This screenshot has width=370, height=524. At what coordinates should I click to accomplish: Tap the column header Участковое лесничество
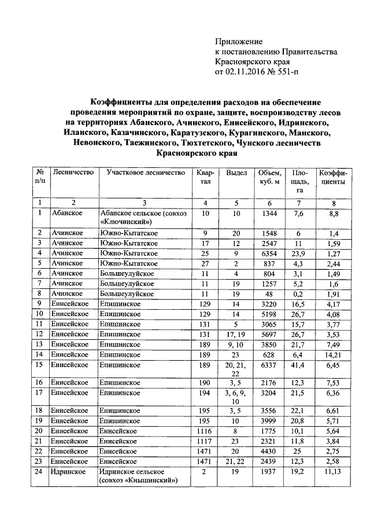pyautogui.click(x=142, y=173)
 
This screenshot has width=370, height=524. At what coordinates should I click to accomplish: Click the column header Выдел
pyautogui.click(x=236, y=173)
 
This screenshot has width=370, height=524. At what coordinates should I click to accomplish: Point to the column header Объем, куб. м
pyautogui.click(x=270, y=177)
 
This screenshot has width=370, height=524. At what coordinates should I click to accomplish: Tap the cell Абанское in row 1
pyautogui.click(x=65, y=213)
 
